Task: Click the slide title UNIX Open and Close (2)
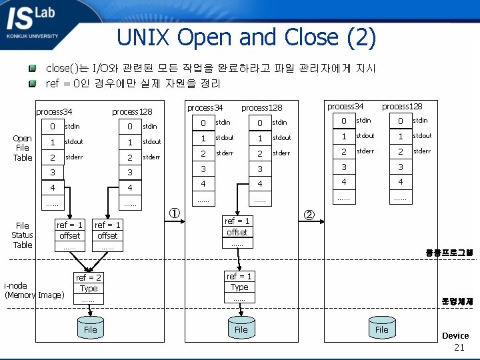pyautogui.click(x=246, y=37)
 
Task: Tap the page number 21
pyautogui.click(x=459, y=347)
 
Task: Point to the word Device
pyautogui.click(x=455, y=335)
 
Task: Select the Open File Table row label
pyautogui.click(x=22, y=148)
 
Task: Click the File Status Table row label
pyautogui.click(x=22, y=235)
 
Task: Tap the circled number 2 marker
pyautogui.click(x=309, y=214)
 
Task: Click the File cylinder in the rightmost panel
pyautogui.click(x=381, y=328)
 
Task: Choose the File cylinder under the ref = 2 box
pyautogui.click(x=90, y=328)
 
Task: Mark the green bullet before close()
pyautogui.click(x=31, y=69)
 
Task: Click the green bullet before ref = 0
pyautogui.click(x=31, y=83)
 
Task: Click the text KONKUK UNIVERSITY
pyautogui.click(x=32, y=36)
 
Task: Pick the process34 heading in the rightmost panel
pyautogui.click(x=345, y=106)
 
